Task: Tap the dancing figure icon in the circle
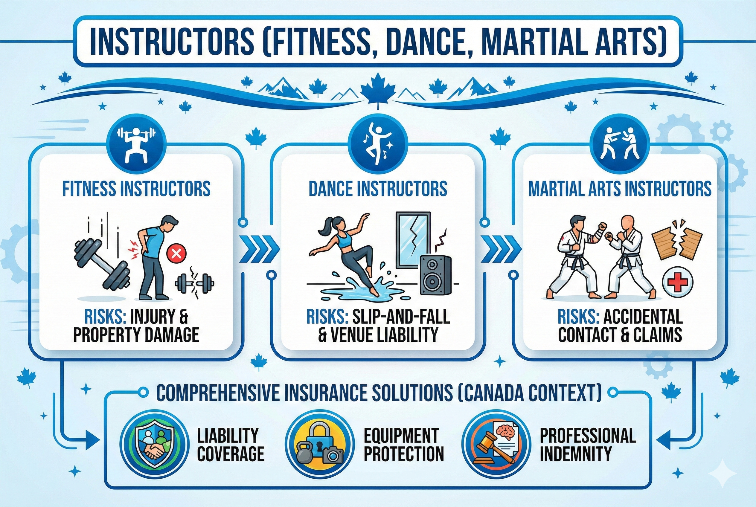click(x=378, y=143)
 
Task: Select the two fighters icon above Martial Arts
click(x=620, y=143)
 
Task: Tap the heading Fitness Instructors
click(x=136, y=189)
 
